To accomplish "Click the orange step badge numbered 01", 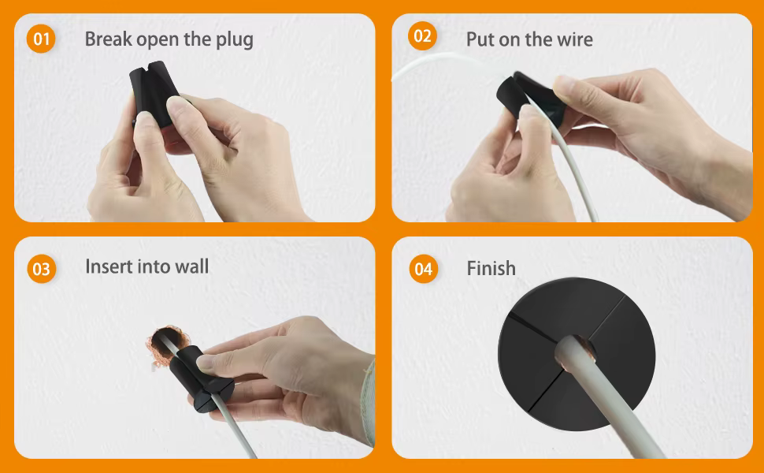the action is tap(41, 39).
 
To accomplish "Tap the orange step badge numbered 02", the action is tap(422, 36).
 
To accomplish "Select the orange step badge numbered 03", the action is tap(42, 269).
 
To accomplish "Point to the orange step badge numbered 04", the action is tap(424, 269).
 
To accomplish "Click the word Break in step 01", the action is tap(109, 39).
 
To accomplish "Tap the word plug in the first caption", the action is tap(235, 40).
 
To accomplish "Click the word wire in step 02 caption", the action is tap(575, 39).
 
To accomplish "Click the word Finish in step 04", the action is tap(491, 268).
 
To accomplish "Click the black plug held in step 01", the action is tap(154, 95).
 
